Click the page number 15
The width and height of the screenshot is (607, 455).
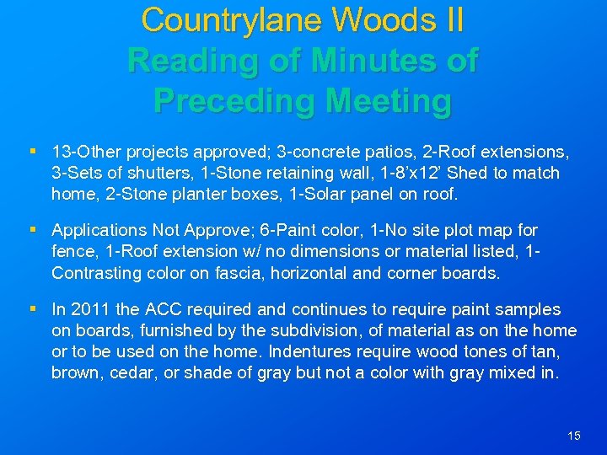[x=574, y=436]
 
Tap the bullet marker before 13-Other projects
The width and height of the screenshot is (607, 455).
[x=32, y=153]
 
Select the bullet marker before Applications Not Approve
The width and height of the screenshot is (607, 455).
[x=32, y=230]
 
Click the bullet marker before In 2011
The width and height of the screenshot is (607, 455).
[x=32, y=310]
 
